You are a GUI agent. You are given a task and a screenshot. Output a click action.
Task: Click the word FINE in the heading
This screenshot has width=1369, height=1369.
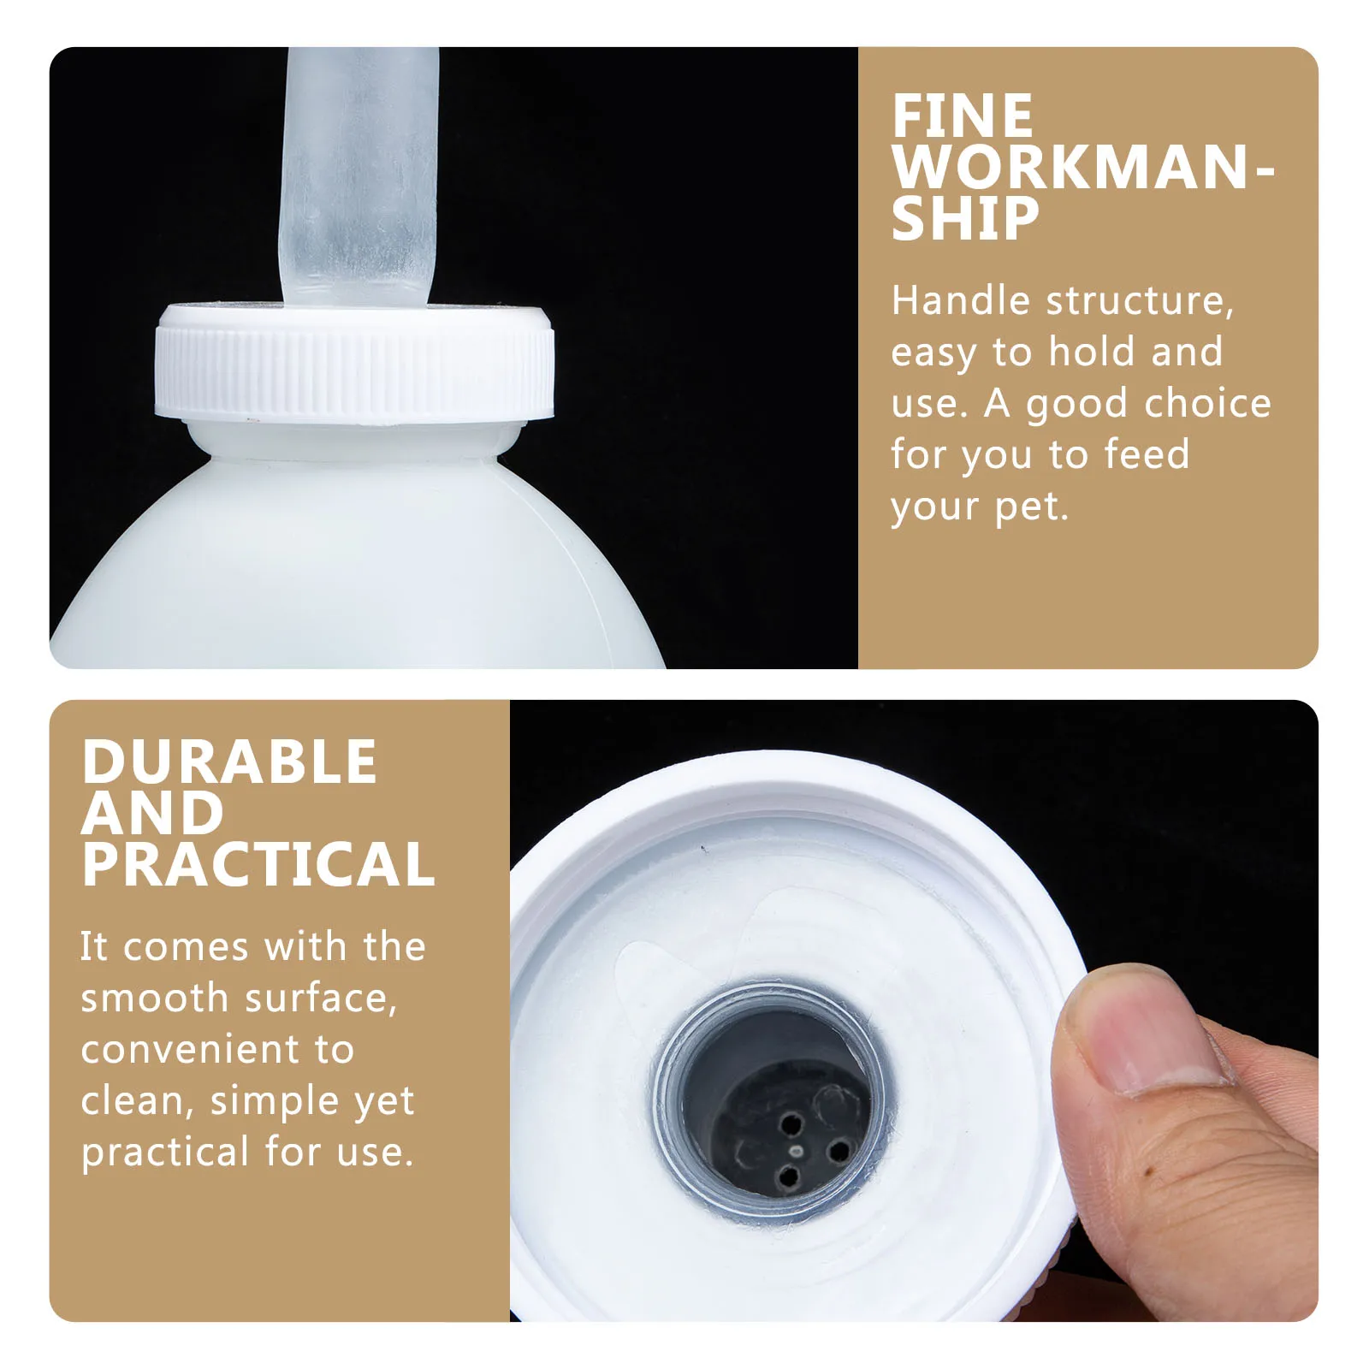[962, 116]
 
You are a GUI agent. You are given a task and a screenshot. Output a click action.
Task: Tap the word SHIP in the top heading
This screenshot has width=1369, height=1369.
[964, 219]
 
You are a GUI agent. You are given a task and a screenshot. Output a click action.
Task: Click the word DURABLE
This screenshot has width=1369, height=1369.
[229, 762]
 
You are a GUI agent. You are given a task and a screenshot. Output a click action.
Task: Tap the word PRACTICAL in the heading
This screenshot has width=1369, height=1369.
[258, 864]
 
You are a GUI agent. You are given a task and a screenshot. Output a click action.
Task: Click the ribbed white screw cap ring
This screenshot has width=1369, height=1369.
[354, 368]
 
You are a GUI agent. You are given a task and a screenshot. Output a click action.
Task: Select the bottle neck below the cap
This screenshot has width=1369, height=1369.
[354, 441]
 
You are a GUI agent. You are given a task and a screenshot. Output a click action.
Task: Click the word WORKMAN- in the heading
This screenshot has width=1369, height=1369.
[1082, 168]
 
